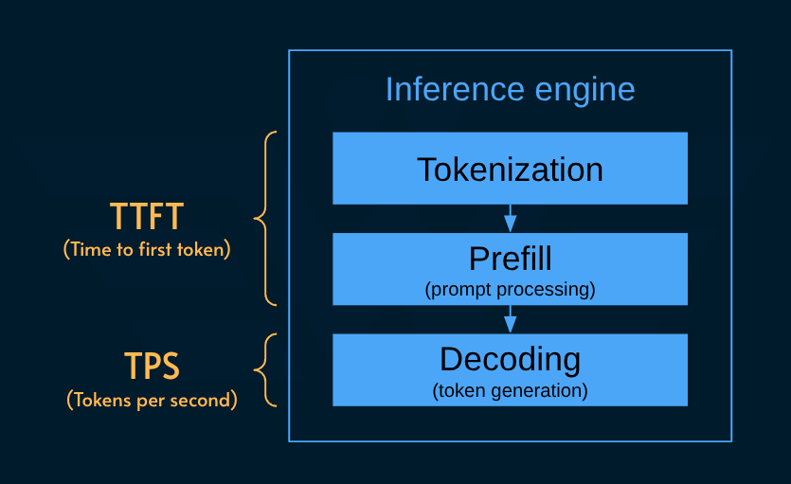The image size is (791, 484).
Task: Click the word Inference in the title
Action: [455, 90]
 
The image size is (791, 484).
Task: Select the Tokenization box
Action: [510, 169]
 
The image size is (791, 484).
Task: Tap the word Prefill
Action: [510, 259]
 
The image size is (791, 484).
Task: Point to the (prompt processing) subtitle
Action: [510, 290]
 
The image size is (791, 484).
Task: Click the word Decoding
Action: [510, 361]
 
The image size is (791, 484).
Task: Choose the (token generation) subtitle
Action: [510, 391]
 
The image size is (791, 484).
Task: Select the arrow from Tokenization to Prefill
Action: [510, 218]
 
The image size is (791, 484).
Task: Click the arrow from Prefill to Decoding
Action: [510, 319]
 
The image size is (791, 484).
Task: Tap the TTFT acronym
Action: [147, 216]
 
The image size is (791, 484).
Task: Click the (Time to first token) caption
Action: [147, 249]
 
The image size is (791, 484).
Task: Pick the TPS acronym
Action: [152, 366]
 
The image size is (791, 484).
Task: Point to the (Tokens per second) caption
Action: [152, 401]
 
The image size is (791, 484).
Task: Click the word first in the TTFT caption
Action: [154, 249]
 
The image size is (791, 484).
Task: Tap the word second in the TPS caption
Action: [200, 401]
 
